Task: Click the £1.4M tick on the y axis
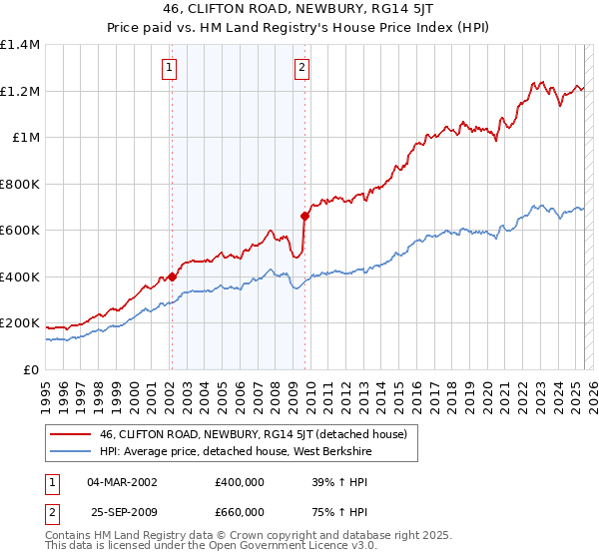20,45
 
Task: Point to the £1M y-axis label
26,138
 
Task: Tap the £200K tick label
20,323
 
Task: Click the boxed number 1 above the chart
171,68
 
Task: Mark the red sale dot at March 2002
172,277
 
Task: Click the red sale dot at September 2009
304,216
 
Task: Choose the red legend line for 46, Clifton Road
71,434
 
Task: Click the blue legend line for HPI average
71,452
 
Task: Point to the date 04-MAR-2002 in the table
122,482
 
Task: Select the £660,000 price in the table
239,510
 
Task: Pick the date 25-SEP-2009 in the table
122,510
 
